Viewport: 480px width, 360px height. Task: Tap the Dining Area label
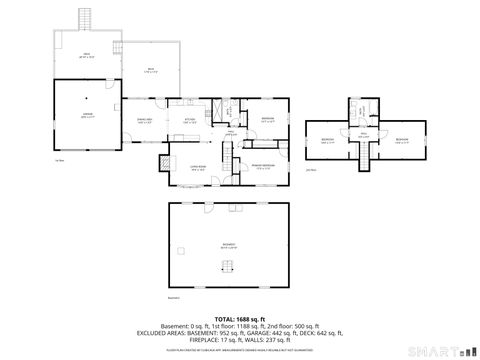click(x=144, y=121)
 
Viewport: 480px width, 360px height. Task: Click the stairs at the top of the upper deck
click(x=85, y=19)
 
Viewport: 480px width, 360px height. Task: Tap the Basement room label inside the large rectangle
click(x=229, y=245)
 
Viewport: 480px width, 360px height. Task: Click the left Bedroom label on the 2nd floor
click(x=327, y=140)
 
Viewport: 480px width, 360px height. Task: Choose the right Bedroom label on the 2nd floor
click(x=402, y=140)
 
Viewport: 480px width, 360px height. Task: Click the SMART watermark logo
click(x=441, y=350)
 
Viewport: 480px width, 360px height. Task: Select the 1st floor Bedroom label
click(x=268, y=120)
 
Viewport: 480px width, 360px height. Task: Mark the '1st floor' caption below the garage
click(x=59, y=159)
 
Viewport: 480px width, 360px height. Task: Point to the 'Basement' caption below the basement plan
click(x=173, y=297)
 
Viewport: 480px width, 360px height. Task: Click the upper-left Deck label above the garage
click(x=86, y=56)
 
